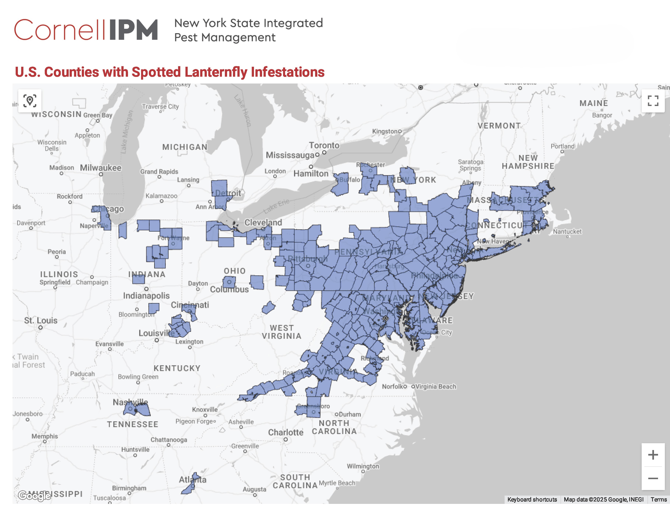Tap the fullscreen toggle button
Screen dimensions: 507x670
click(653, 101)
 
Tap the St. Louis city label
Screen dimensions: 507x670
click(41, 320)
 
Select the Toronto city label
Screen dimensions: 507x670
click(324, 145)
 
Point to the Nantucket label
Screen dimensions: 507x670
click(567, 232)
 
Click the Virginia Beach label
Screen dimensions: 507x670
click(436, 387)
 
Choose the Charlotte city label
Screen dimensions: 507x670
click(286, 432)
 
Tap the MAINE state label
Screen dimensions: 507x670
click(594, 103)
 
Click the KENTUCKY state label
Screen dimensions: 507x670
click(177, 368)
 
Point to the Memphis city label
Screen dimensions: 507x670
click(45, 436)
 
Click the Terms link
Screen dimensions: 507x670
click(659, 499)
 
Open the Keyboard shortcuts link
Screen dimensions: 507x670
click(532, 499)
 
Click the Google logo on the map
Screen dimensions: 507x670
click(34, 496)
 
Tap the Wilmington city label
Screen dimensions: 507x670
click(363, 466)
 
